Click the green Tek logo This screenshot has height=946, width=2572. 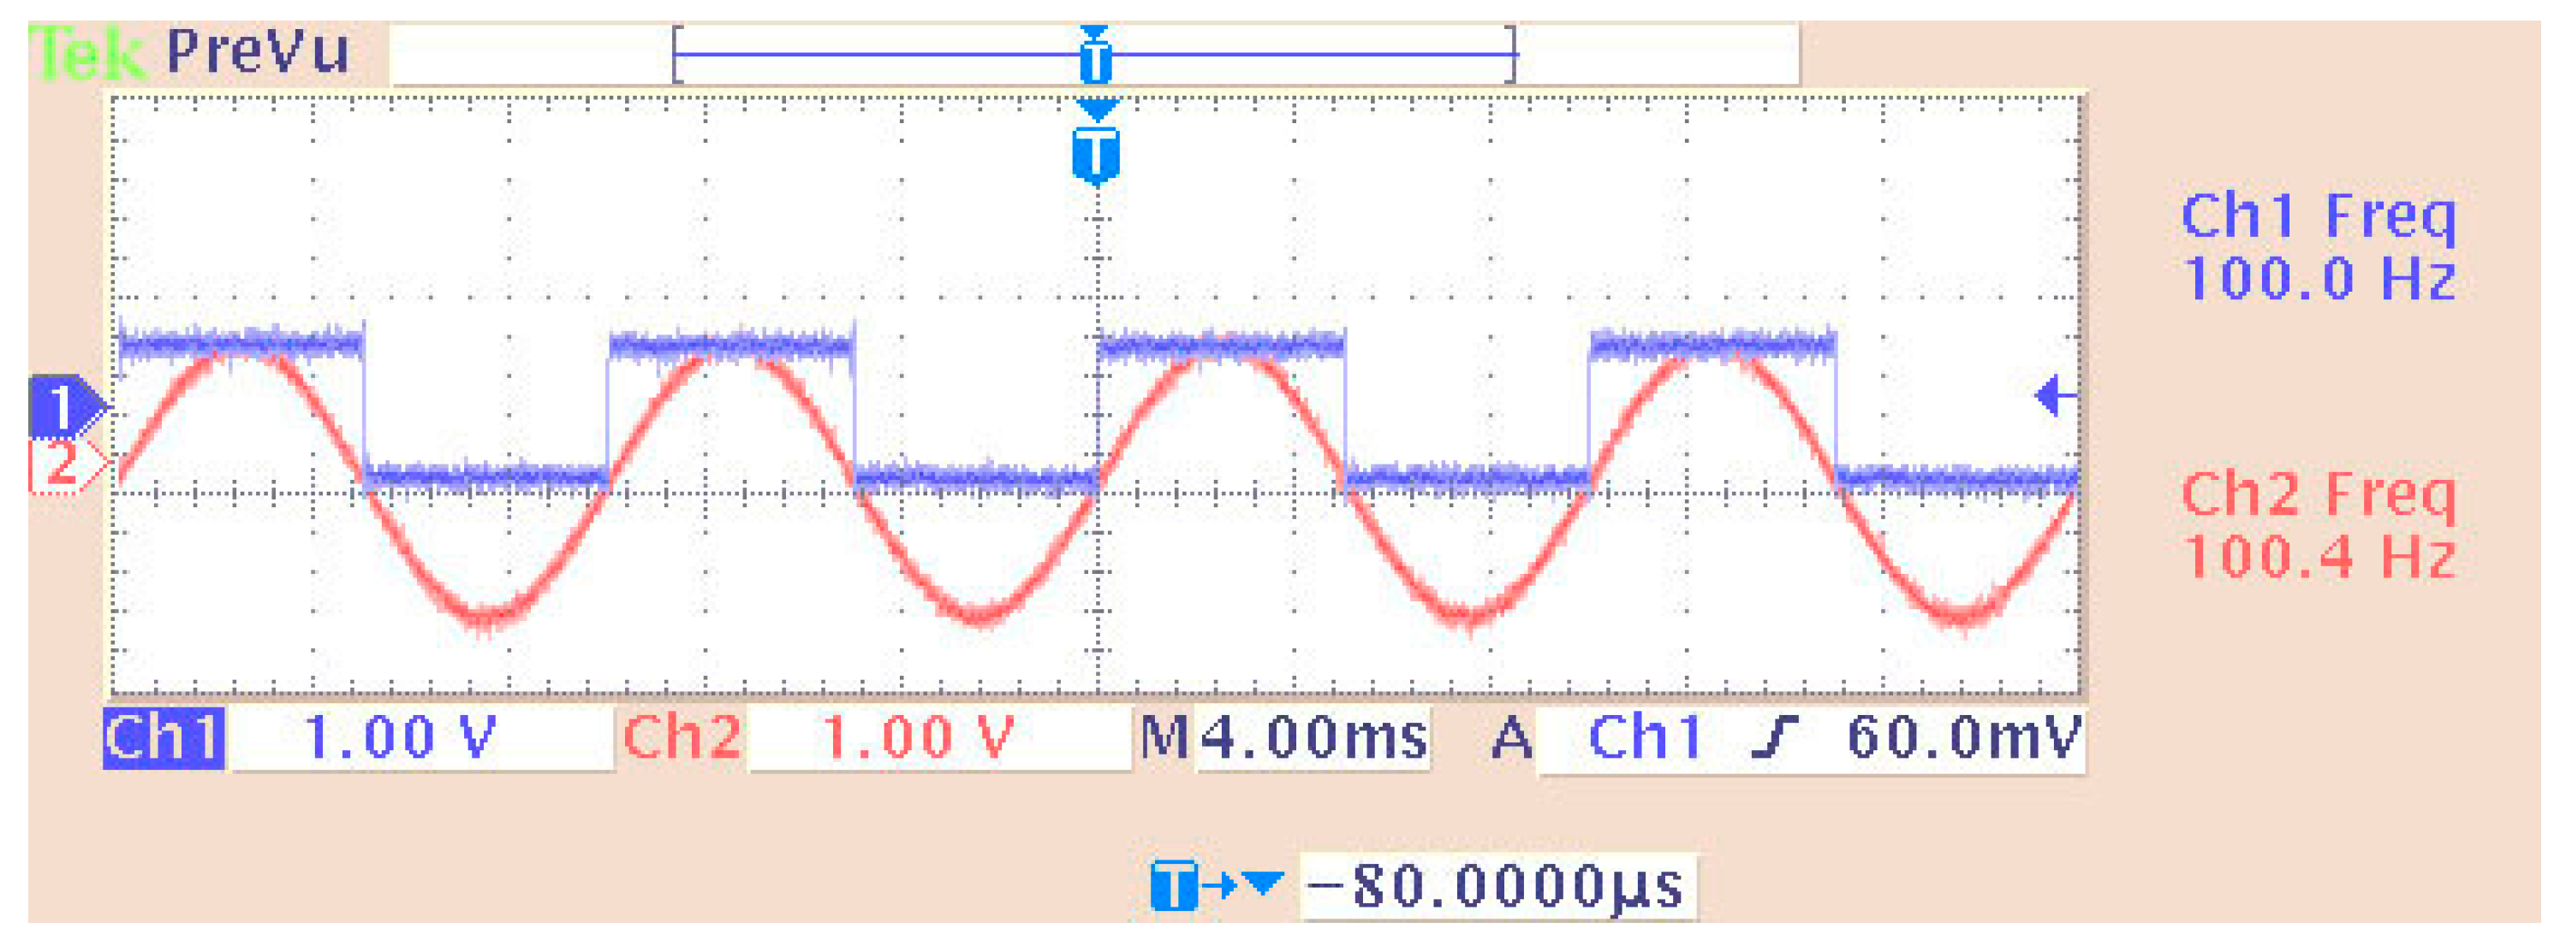pyautogui.click(x=88, y=52)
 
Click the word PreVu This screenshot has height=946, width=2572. pyautogui.click(x=258, y=50)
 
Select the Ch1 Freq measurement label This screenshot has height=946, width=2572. pyautogui.click(x=2318, y=216)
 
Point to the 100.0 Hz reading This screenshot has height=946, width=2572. pyautogui.click(x=2318, y=279)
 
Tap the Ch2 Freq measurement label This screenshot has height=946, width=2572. pyautogui.click(x=2318, y=495)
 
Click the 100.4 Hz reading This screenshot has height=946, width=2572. pyautogui.click(x=2318, y=557)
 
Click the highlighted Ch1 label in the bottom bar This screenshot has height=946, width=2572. pyautogui.click(x=164, y=738)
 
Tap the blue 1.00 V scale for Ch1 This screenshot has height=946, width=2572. pyautogui.click(x=399, y=738)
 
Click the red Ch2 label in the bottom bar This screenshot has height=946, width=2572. pyautogui.click(x=682, y=738)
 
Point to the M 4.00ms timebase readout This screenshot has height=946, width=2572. pyautogui.click(x=1285, y=738)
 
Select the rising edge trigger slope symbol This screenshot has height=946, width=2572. pyautogui.click(x=1774, y=738)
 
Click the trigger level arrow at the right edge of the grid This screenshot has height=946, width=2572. pyautogui.click(x=2055, y=396)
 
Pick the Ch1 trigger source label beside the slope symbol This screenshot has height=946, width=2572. pyautogui.click(x=1645, y=738)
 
